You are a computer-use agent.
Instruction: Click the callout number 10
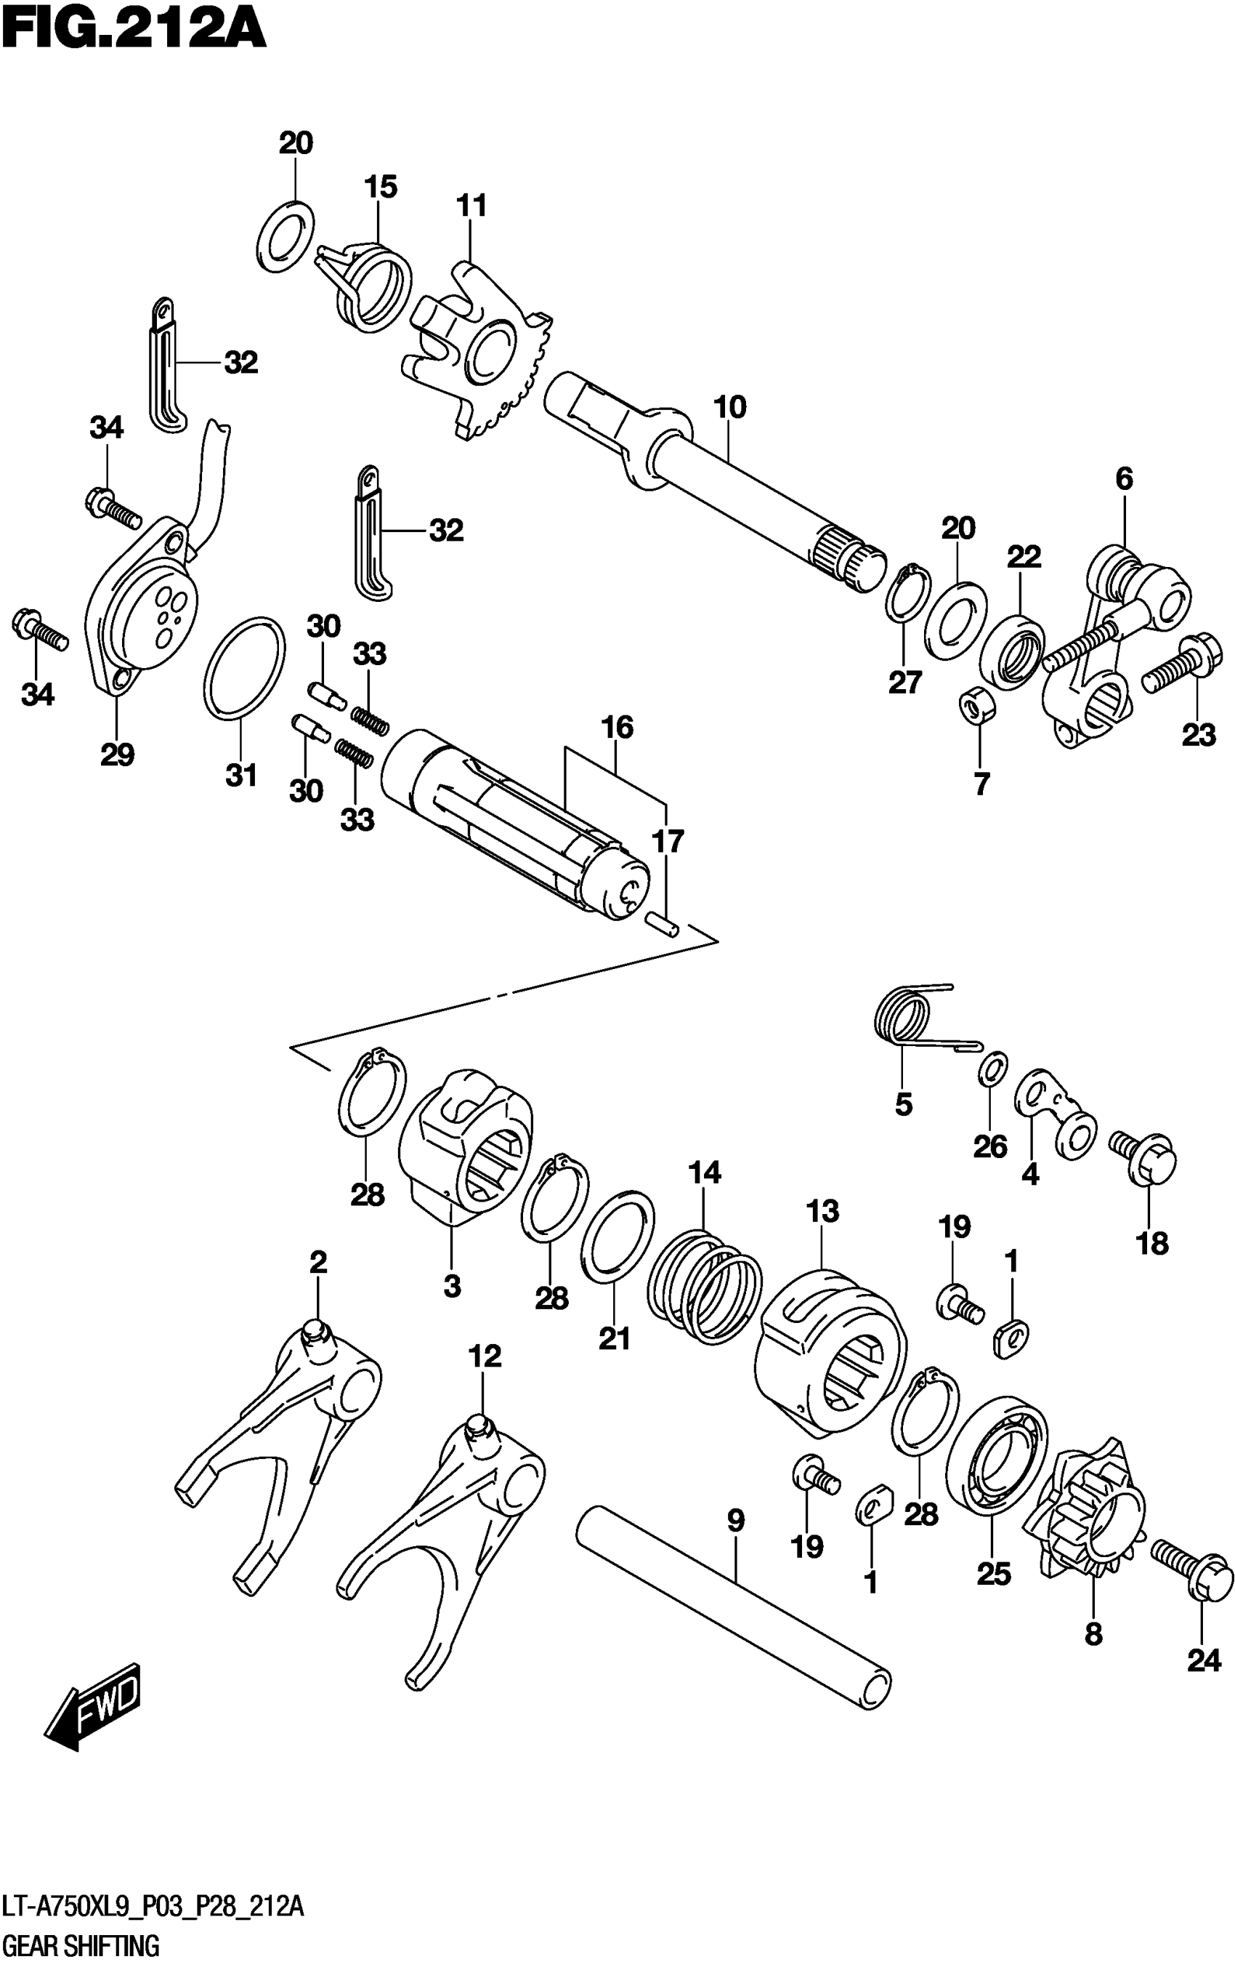[x=729, y=406]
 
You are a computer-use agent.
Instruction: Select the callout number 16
[x=617, y=726]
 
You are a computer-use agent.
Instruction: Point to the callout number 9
[x=735, y=1521]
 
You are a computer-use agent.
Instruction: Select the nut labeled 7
[x=974, y=704]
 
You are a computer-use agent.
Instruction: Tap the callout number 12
[x=485, y=1356]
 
